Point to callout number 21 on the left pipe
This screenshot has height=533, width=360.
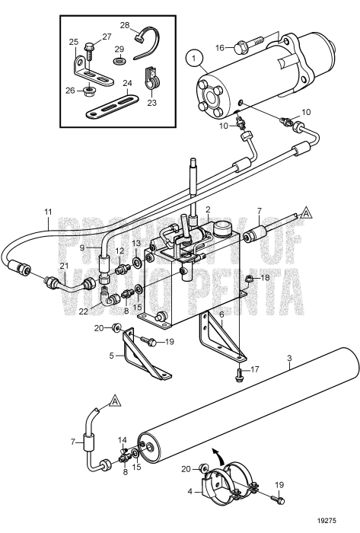pos(43,264)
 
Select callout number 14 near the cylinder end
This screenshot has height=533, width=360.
pos(123,440)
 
